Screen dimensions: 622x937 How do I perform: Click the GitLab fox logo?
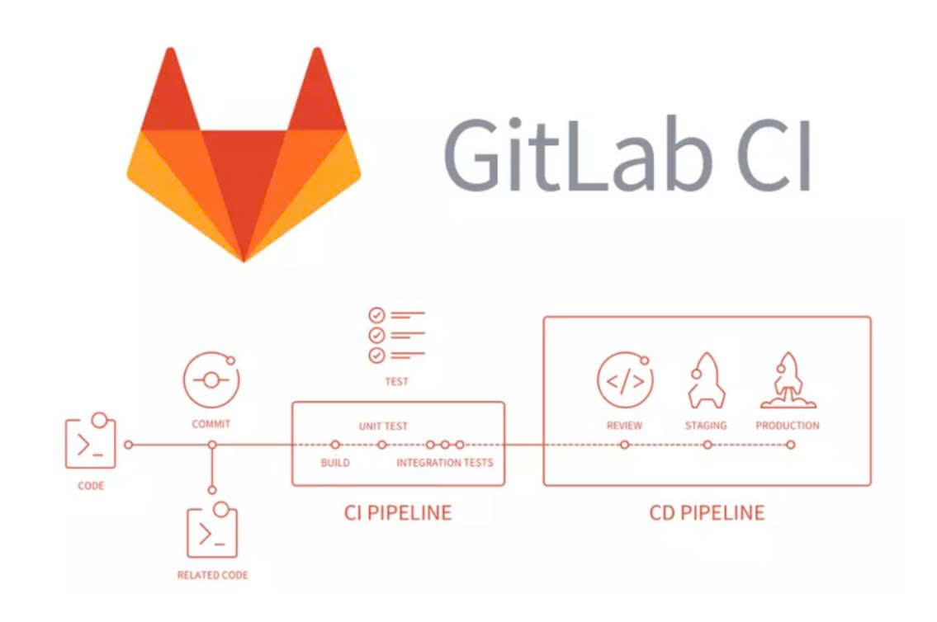click(x=244, y=157)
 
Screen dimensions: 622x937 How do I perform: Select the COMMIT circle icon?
click(x=211, y=380)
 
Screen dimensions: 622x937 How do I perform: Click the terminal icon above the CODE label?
click(x=91, y=442)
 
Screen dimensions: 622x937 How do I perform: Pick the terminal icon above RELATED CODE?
click(x=211, y=532)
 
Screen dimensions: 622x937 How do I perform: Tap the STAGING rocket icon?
click(x=706, y=380)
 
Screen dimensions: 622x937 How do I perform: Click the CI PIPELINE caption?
click(x=398, y=513)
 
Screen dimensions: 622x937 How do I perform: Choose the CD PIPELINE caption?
click(x=707, y=513)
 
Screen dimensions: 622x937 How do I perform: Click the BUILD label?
click(x=335, y=463)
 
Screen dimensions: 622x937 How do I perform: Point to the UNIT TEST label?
click(x=383, y=426)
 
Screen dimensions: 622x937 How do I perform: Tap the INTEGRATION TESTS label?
click(x=445, y=463)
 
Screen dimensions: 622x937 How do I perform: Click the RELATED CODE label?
click(x=212, y=575)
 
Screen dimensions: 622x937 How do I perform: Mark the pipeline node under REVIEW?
click(x=625, y=445)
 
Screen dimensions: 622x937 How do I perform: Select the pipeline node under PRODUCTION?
click(x=790, y=445)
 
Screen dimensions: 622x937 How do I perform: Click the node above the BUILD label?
click(x=335, y=445)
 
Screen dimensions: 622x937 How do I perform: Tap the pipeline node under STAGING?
click(x=707, y=445)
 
